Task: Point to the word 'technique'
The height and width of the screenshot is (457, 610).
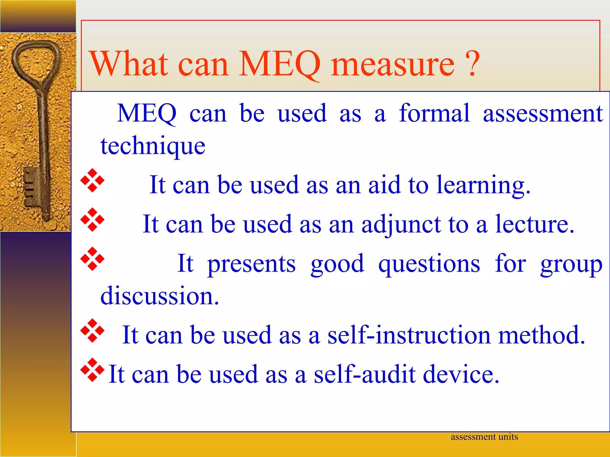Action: click(x=153, y=146)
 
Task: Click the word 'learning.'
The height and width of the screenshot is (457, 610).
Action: click(x=483, y=185)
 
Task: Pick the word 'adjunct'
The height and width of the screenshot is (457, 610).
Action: click(x=401, y=225)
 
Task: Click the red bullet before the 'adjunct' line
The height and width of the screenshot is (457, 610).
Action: click(x=92, y=220)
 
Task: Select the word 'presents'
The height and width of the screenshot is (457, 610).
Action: click(x=251, y=264)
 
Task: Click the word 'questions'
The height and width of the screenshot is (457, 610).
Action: click(x=429, y=264)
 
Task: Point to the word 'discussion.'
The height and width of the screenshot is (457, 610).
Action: click(x=160, y=296)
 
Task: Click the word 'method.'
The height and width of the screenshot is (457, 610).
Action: click(x=542, y=335)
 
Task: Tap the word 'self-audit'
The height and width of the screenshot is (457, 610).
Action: click(x=365, y=374)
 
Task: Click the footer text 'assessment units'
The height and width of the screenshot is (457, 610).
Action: click(x=484, y=437)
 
